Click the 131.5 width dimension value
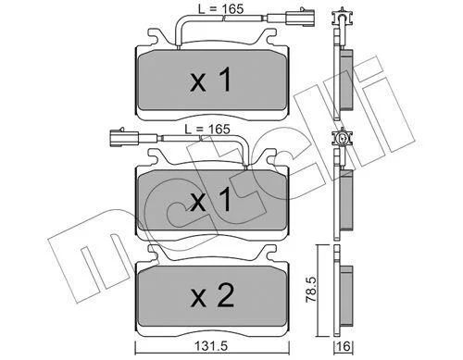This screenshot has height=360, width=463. click(x=211, y=346)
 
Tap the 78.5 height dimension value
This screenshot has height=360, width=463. click(x=311, y=290)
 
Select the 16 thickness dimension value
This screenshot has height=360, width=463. click(x=344, y=347)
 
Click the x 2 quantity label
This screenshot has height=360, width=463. click(x=212, y=295)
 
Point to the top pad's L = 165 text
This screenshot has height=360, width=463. click(x=220, y=9)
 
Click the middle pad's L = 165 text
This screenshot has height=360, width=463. click(x=207, y=129)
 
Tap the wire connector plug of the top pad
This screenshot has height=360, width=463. click(x=300, y=17)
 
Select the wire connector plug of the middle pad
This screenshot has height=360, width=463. click(x=124, y=137)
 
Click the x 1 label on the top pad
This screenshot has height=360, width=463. click(x=211, y=81)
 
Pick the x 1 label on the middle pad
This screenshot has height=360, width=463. click(x=211, y=200)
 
